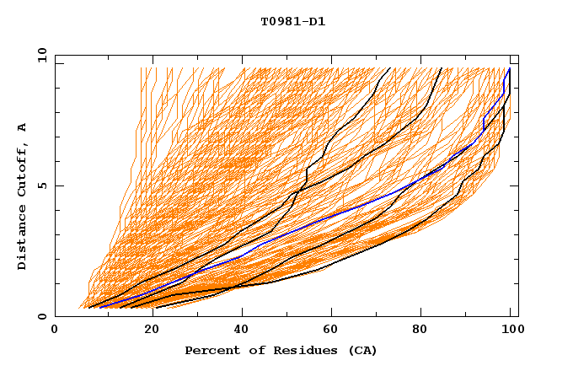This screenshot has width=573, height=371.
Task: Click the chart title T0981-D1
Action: click(292, 21)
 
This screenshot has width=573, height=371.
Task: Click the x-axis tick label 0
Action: click(55, 331)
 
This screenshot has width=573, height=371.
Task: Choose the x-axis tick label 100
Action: click(511, 331)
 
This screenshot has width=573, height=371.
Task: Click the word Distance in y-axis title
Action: click(23, 237)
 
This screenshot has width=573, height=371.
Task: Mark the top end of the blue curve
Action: click(509, 69)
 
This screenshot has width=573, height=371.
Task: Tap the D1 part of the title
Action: click(317, 21)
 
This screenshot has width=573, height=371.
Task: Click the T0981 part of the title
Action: click(281, 21)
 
